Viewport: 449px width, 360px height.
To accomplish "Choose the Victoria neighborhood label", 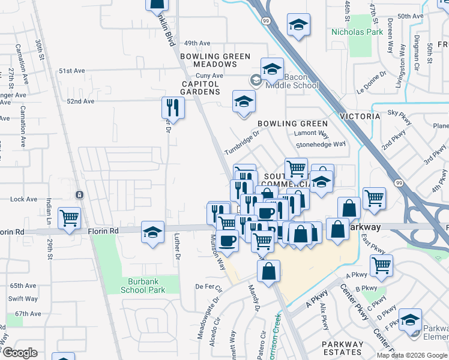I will coord(360,116).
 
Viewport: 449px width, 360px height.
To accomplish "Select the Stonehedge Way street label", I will coord(321,144).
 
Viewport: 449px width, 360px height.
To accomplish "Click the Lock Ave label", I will coord(23,199).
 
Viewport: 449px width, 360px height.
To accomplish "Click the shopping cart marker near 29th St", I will coord(70,218).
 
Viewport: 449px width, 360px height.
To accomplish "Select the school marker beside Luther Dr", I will coord(153,232).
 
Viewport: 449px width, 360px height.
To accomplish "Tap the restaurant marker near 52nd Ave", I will coord(172,107).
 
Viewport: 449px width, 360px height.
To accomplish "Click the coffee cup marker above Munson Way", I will coord(227,241).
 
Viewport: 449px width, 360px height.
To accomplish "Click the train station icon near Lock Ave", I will coord(79,195).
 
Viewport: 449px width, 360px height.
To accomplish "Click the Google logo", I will coord(20,352).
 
